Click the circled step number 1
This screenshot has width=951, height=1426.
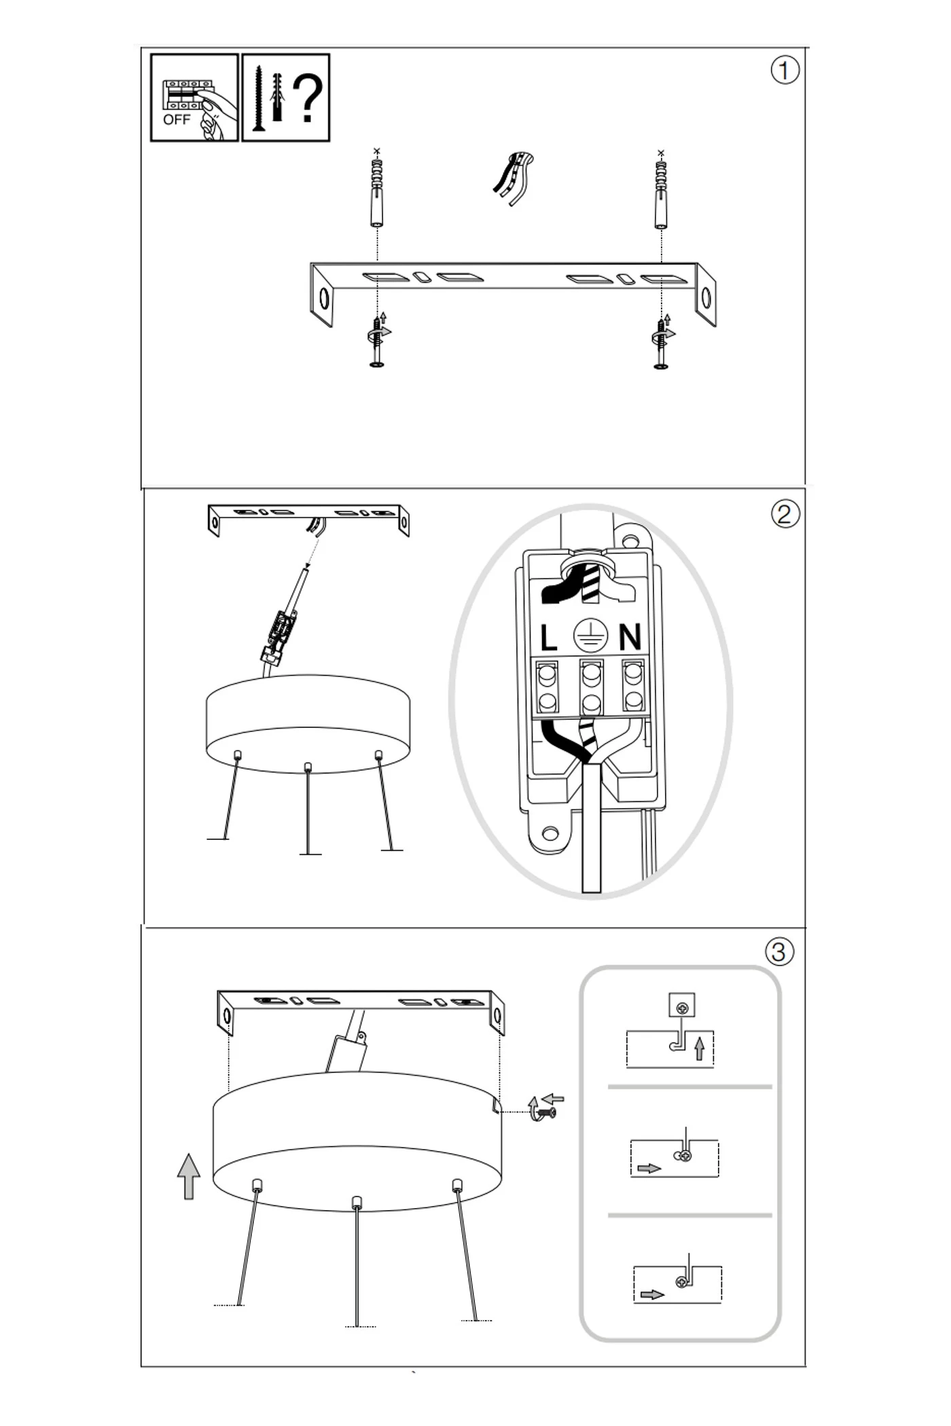[785, 71]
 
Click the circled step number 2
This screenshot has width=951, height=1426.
[785, 514]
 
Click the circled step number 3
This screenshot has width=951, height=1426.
[779, 951]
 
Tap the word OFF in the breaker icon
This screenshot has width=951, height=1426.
[177, 120]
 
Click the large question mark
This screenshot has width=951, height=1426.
[308, 99]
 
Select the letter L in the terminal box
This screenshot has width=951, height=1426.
[548, 638]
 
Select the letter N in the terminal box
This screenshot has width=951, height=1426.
[630, 637]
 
